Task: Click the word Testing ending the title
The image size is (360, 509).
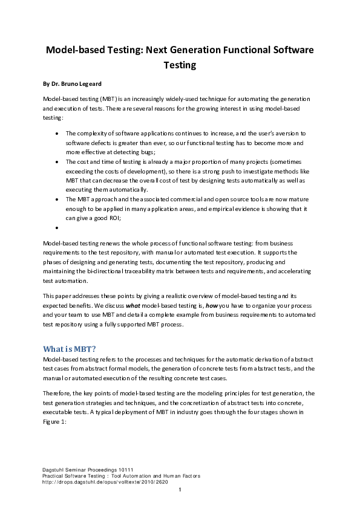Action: pyautogui.click(x=180, y=65)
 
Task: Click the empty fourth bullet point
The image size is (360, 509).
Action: pyautogui.click(x=56, y=229)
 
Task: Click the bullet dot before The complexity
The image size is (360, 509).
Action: pyautogui.click(x=56, y=133)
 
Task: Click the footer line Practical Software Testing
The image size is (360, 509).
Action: pyautogui.click(x=121, y=476)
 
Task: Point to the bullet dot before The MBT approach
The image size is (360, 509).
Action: pyautogui.click(x=56, y=199)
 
